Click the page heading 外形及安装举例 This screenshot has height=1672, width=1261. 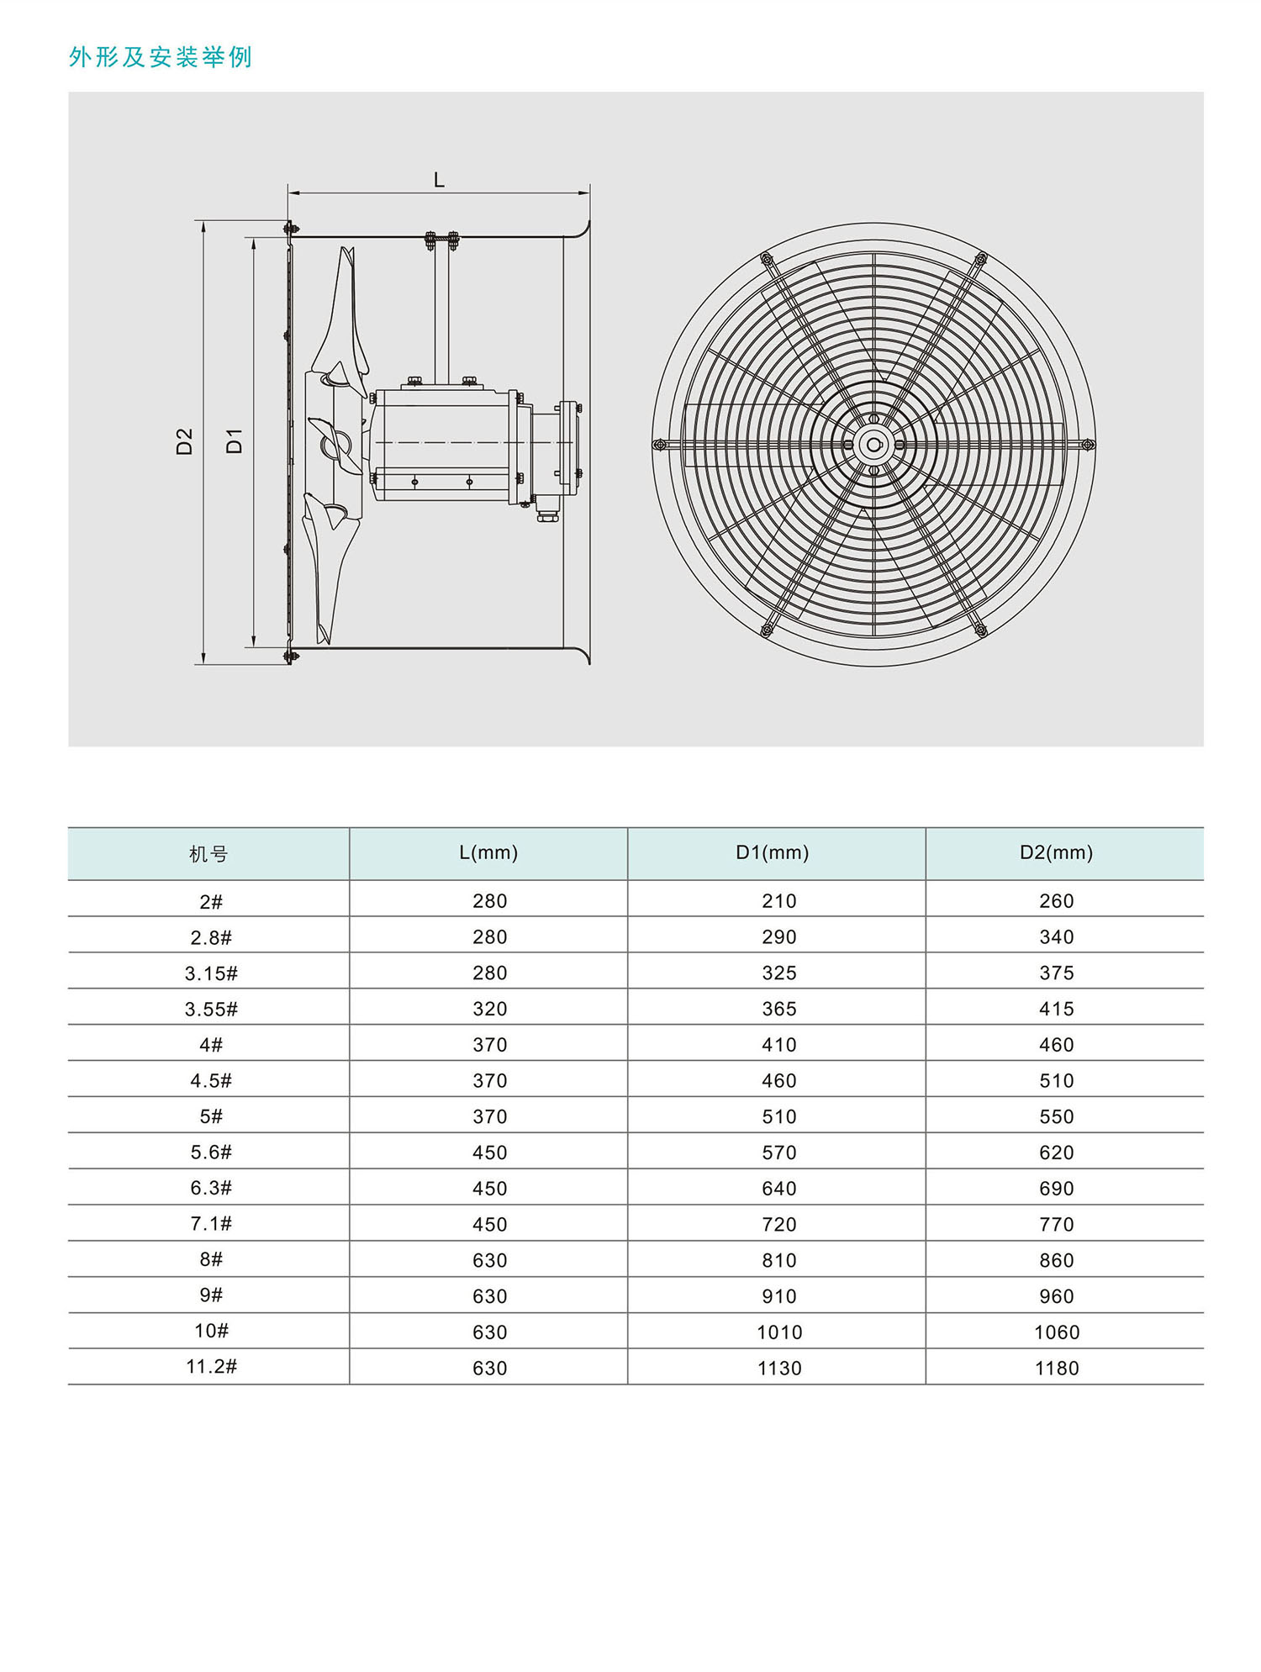[x=160, y=57]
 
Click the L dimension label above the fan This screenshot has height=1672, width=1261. [x=439, y=180]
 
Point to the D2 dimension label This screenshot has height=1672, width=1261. [x=184, y=441]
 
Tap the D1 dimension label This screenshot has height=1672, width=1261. [x=235, y=440]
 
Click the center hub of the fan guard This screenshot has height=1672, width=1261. [x=873, y=445]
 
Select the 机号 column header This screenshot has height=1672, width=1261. [x=208, y=855]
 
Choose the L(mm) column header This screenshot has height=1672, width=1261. [x=488, y=853]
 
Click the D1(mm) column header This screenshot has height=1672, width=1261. [x=772, y=853]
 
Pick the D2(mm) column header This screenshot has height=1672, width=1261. [x=1056, y=853]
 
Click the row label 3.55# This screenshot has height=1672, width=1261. [x=211, y=1010]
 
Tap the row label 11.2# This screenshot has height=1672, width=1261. [x=211, y=1367]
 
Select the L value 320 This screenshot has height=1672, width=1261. [x=489, y=1010]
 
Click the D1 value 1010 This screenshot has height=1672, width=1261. [x=779, y=1332]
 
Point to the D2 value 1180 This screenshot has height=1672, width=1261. [x=1056, y=1369]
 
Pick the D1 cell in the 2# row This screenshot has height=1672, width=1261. [x=778, y=902]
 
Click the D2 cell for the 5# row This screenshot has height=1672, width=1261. [x=1056, y=1117]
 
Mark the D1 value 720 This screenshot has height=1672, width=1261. [x=778, y=1225]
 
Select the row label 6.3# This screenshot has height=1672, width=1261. [x=211, y=1189]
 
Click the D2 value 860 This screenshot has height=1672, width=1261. [x=1056, y=1261]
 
